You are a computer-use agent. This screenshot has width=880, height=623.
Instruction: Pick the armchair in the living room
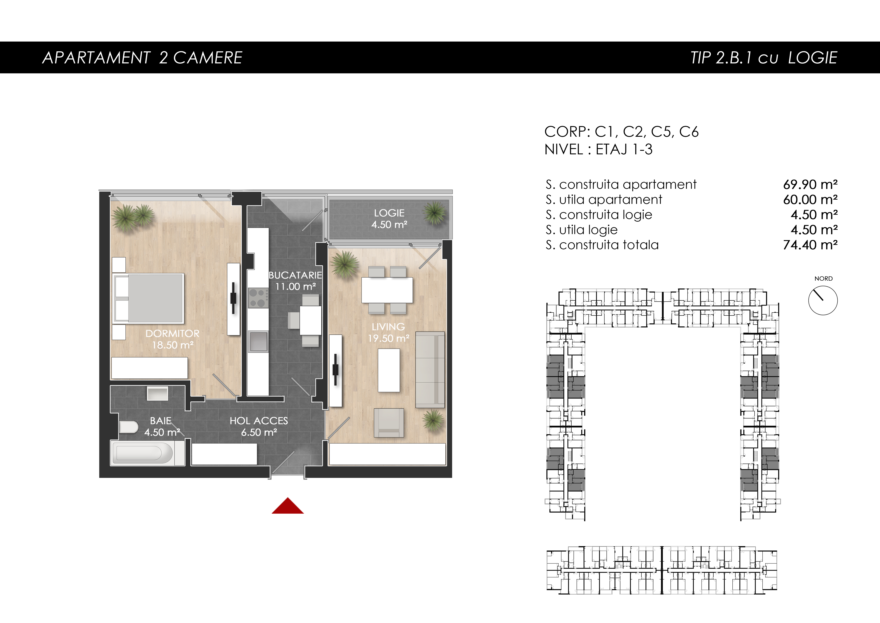[389, 423]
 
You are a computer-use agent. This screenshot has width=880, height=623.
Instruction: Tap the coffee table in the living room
[389, 370]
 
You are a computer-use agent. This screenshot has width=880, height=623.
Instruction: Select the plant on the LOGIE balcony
[435, 213]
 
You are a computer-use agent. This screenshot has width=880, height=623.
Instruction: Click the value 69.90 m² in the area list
[810, 185]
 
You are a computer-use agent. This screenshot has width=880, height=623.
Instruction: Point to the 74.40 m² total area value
[810, 245]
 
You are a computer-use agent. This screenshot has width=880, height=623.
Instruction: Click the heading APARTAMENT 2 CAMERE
[142, 58]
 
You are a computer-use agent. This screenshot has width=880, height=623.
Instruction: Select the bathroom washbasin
[158, 394]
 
